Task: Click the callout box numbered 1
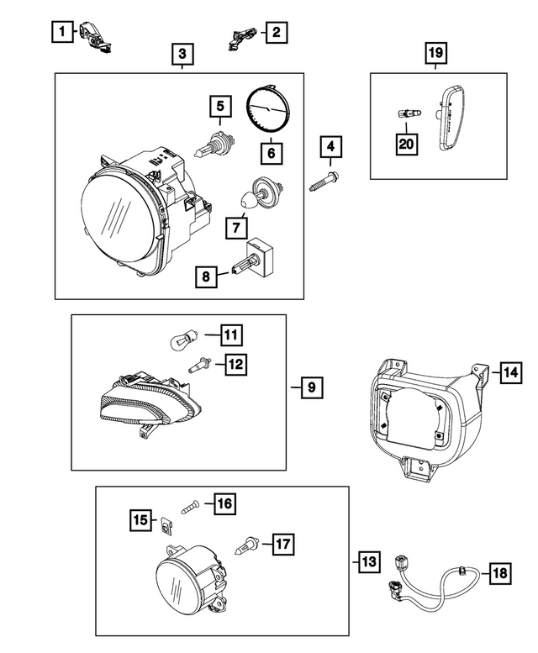[x=61, y=33]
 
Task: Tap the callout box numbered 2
[x=275, y=33]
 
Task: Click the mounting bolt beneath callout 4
[x=324, y=182]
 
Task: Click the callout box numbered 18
[x=498, y=573]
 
